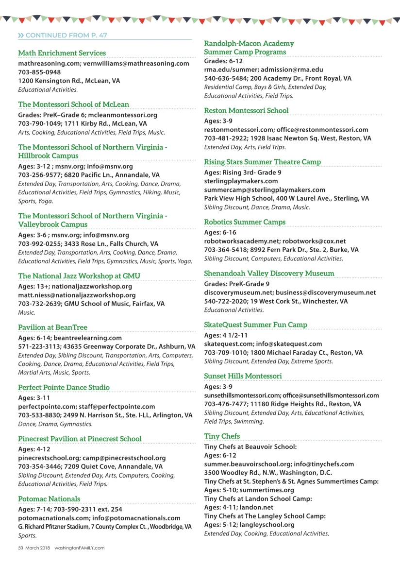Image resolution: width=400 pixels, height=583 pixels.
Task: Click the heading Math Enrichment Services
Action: point(62,53)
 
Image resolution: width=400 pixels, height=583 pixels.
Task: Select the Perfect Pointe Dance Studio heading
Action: point(64,388)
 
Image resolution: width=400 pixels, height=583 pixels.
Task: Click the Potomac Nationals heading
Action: point(49,499)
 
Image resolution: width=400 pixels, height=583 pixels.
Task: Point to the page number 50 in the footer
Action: point(21,548)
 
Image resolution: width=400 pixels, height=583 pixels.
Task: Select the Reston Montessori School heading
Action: point(246,111)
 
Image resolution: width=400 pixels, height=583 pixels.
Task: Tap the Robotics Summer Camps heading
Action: point(245,223)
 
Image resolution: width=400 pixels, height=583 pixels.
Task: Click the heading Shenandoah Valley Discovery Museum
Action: point(269,274)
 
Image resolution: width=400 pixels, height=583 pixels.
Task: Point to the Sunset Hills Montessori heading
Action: point(243,376)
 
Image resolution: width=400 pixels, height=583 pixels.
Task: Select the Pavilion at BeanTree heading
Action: point(52,327)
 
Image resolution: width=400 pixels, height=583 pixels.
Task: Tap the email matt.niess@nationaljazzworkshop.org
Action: point(77,295)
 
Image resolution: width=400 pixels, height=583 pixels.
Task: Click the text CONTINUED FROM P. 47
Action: point(66,35)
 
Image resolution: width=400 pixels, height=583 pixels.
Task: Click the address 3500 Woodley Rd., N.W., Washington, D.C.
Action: point(260,473)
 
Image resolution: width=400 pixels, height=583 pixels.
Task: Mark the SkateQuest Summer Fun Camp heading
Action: point(255,325)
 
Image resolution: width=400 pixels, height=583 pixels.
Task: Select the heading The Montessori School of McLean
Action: point(74,104)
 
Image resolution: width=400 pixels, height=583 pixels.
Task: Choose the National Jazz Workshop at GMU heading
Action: point(79,276)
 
